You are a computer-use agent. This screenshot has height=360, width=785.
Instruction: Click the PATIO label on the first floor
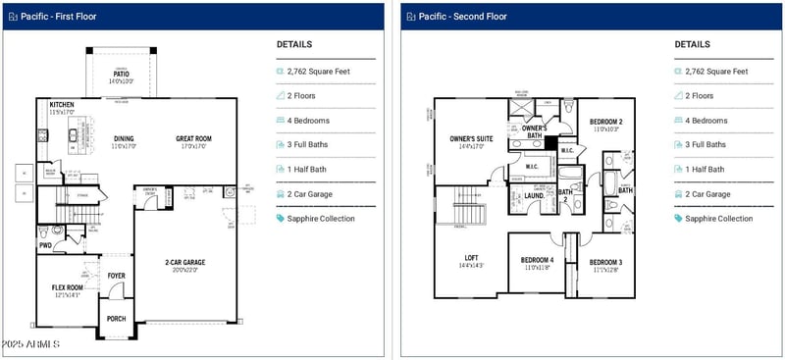[x=122, y=74]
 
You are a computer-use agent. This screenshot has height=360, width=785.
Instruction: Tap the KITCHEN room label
[x=62, y=104]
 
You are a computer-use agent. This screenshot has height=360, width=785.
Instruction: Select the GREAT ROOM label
[x=193, y=138]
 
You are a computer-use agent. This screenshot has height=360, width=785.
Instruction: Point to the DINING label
[x=124, y=138]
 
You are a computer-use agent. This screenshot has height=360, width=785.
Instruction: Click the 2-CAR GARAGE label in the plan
[x=184, y=262]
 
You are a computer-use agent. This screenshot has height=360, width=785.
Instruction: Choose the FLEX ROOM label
[x=68, y=287]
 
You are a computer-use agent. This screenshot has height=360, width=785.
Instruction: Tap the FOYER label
[x=117, y=276]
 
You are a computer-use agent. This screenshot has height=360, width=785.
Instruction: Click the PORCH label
[x=117, y=318]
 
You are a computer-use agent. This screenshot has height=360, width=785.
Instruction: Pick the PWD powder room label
[x=44, y=245]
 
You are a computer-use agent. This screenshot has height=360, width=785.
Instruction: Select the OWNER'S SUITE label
[x=471, y=138]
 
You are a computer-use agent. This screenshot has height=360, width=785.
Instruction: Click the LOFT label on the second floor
[x=471, y=257]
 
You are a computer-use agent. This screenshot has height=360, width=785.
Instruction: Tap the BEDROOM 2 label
[x=606, y=122]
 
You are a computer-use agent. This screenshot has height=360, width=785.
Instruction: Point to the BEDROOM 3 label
[x=606, y=262]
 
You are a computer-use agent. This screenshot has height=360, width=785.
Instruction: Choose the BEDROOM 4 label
[x=537, y=260]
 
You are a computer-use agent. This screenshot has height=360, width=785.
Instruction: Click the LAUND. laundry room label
[x=535, y=195]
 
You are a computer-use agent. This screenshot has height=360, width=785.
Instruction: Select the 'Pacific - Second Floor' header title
[x=462, y=17]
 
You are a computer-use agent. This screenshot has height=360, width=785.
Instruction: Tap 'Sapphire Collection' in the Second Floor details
[x=721, y=219]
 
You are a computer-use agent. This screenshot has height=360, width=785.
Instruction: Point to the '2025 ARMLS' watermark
[x=30, y=344]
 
